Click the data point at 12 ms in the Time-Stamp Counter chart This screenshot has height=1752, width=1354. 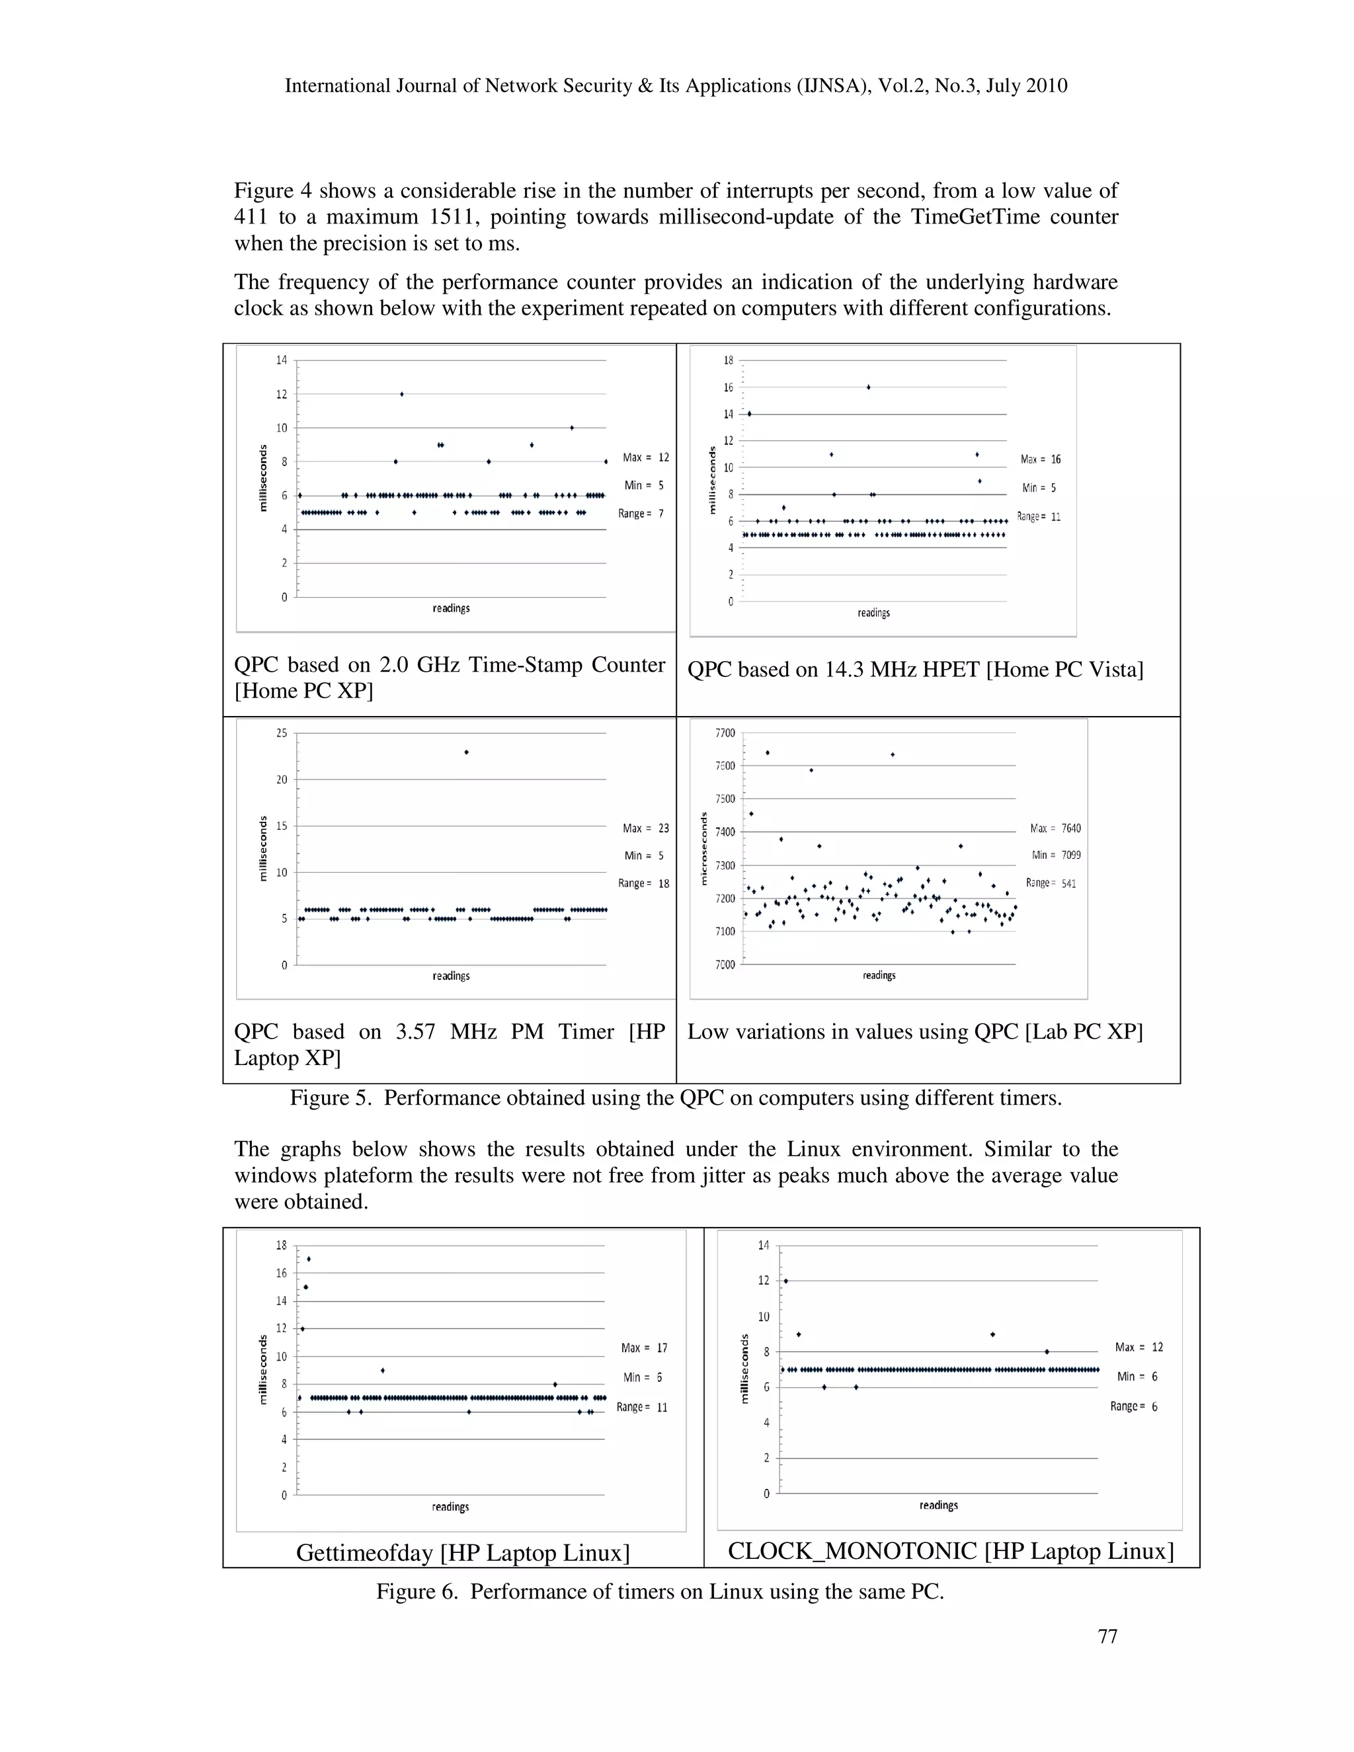point(402,394)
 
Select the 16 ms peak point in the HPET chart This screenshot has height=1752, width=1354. point(869,387)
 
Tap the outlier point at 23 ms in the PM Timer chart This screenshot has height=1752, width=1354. point(466,752)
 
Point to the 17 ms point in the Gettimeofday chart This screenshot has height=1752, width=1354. point(309,1259)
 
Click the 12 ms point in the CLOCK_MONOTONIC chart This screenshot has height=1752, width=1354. point(786,1281)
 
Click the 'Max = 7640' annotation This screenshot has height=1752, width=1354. point(1055,828)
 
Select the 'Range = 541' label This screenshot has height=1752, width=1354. point(1051,883)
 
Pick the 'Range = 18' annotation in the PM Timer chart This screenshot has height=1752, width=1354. point(643,883)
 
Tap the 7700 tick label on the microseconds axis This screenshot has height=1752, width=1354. point(725,733)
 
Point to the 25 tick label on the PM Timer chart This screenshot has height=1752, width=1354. point(282,733)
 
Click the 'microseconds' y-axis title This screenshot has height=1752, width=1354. point(703,849)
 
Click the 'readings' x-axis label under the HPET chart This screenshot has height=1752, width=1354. point(873,612)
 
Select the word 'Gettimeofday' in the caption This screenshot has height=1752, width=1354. point(365,1552)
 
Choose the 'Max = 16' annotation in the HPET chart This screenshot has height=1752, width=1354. point(1041,459)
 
